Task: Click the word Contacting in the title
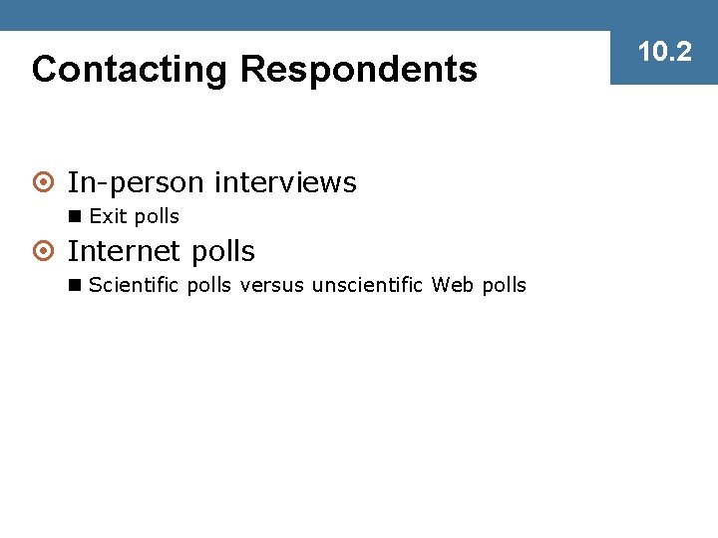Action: [x=131, y=70]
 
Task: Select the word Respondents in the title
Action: [x=359, y=70]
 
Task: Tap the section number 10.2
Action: [x=664, y=52]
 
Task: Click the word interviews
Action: [x=285, y=183]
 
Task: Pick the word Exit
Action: [x=106, y=217]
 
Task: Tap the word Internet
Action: [x=130, y=251]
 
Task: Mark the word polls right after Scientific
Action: [x=207, y=286]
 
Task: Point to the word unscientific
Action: [x=368, y=286]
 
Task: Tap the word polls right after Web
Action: [x=504, y=286]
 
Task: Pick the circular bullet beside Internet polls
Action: [x=43, y=252]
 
